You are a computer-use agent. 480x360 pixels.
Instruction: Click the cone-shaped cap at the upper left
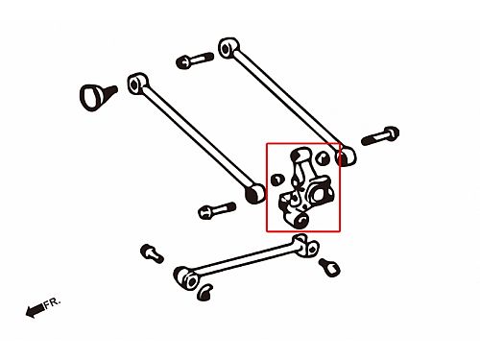coord(96,97)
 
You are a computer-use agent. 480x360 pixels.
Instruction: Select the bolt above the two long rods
coord(195,60)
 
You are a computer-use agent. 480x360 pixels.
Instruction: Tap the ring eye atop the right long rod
coord(228,48)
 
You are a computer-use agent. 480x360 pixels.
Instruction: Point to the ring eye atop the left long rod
coord(137,84)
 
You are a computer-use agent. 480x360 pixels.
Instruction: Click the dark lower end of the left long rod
coord(255,194)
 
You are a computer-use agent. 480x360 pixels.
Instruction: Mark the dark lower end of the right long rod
coord(346,156)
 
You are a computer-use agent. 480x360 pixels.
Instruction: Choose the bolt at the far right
coord(380,136)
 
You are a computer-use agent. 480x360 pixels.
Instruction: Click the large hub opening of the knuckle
coord(318,194)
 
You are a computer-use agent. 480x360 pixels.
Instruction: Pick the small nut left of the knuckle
coord(277,180)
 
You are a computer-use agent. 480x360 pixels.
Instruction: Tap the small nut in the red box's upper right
coord(323,157)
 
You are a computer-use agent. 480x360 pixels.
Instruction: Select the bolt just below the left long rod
coord(217,210)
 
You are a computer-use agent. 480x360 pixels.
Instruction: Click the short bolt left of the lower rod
coord(152,253)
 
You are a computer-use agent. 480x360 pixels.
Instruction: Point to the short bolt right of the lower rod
coord(329,267)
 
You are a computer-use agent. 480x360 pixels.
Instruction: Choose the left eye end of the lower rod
coord(186,278)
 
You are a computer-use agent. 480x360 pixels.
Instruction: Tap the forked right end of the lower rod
coord(305,245)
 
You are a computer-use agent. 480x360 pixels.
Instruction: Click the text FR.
coord(52,302)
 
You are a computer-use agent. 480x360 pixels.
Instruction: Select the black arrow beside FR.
coord(36,310)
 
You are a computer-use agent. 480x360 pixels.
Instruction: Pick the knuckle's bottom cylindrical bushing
coord(300,221)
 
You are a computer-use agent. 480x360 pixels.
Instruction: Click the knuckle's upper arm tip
coord(300,155)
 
